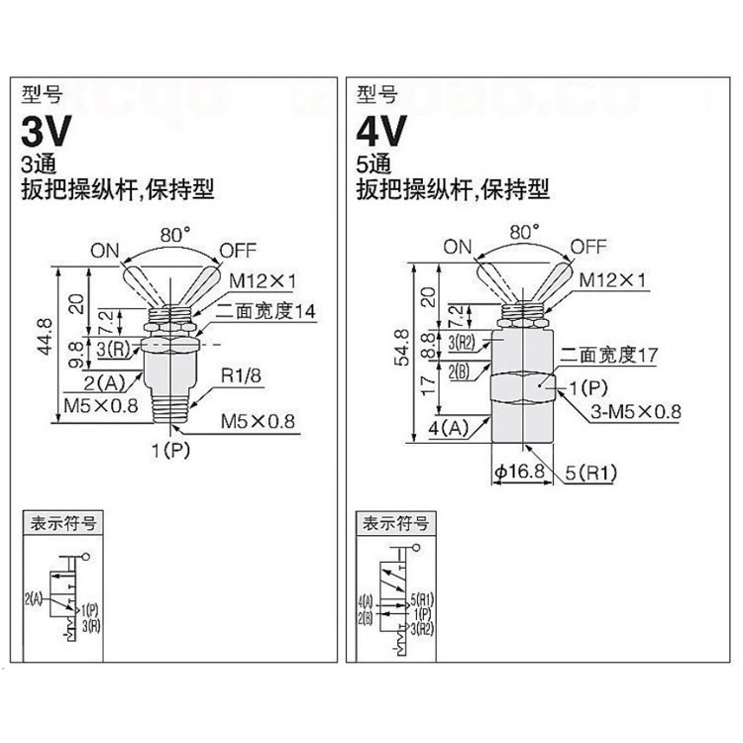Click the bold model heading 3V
[x=48, y=133]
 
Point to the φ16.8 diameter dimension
[x=516, y=473]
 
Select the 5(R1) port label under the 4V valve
[x=591, y=473]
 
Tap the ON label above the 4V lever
[x=459, y=247]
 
